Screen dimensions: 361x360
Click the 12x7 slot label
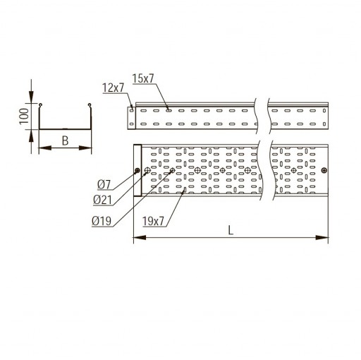tap(113, 88)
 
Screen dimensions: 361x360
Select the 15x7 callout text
tap(143, 78)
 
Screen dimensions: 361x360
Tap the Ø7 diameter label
tap(104, 184)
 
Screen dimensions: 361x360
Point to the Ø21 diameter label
tap(102, 200)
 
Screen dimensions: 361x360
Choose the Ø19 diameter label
tap(102, 221)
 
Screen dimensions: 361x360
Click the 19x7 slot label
tap(153, 221)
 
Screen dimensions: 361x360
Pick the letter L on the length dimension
tap(231, 230)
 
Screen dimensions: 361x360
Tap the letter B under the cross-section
tap(65, 140)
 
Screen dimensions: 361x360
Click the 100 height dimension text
tap(24, 116)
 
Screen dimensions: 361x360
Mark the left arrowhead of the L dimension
tap(140, 238)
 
